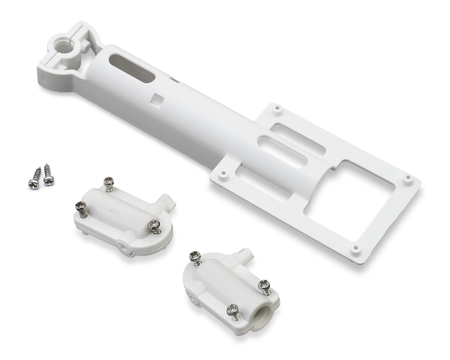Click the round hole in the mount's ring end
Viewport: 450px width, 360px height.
[x=63, y=47]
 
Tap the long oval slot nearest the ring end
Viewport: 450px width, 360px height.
[x=132, y=69]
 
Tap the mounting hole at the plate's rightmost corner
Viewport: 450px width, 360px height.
[x=408, y=178]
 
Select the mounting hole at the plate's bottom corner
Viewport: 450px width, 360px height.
[x=355, y=249]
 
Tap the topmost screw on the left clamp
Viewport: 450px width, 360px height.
[x=109, y=183]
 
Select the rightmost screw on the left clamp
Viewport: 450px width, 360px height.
[x=154, y=226]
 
